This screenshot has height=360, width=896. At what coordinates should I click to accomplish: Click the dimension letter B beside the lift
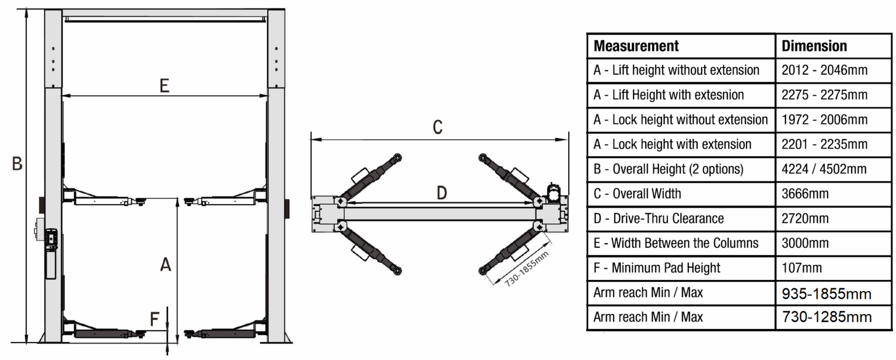17,163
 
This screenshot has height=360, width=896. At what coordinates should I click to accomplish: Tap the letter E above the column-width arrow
164,86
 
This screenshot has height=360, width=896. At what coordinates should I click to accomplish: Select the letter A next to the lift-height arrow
166,264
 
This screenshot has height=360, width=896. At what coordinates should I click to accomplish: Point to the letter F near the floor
155,319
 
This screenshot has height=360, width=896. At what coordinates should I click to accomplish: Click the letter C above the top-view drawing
437,127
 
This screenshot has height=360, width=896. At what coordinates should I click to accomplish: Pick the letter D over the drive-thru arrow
442,193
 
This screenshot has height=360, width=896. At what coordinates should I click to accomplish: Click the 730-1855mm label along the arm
526,269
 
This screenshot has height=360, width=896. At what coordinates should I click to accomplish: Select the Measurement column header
636,46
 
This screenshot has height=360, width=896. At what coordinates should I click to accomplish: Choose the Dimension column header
814,46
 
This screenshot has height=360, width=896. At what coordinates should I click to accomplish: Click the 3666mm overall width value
805,194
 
